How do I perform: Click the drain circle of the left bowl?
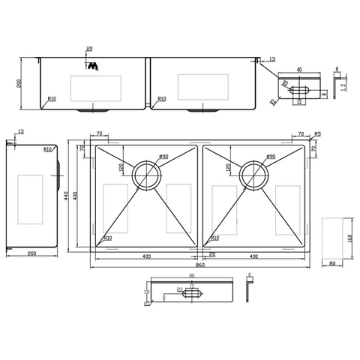pyautogui.click(x=144, y=175)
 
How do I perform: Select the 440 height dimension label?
pyautogui.click(x=67, y=196)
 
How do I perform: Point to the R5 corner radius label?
pyautogui.click(x=318, y=135)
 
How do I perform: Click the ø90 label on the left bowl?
pyautogui.click(x=163, y=157)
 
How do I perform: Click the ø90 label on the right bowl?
pyautogui.click(x=271, y=157)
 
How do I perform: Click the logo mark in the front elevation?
pyautogui.click(x=94, y=67)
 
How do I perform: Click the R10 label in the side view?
pyautogui.click(x=47, y=150)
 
